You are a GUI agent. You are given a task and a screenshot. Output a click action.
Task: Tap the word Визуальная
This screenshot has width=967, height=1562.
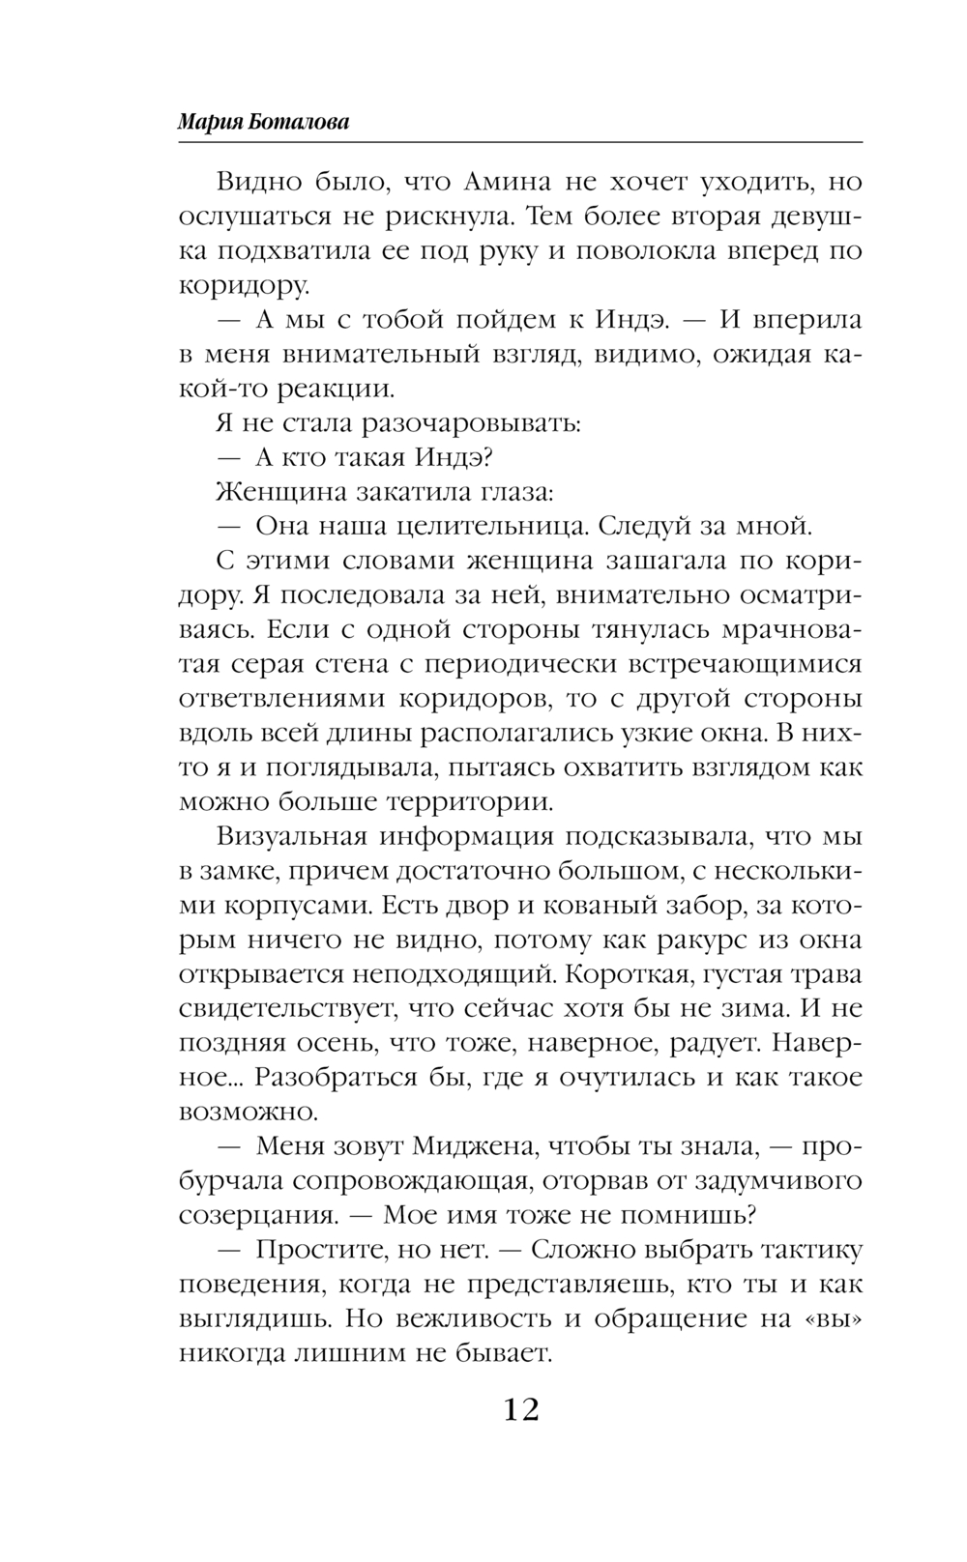[x=289, y=836]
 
